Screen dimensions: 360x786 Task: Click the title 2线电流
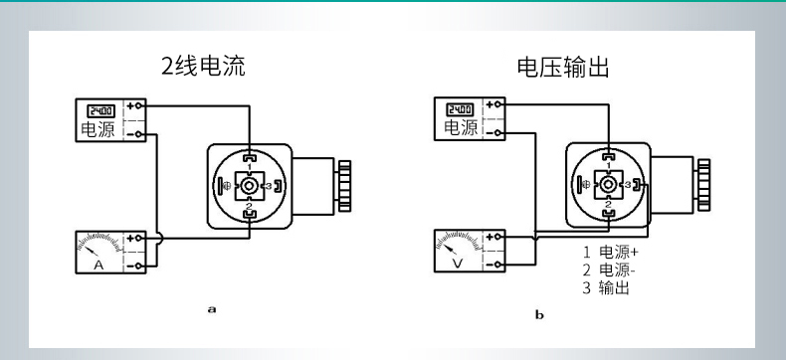tap(204, 68)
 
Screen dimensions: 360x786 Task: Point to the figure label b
tap(539, 315)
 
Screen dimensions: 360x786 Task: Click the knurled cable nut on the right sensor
tap(703, 184)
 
